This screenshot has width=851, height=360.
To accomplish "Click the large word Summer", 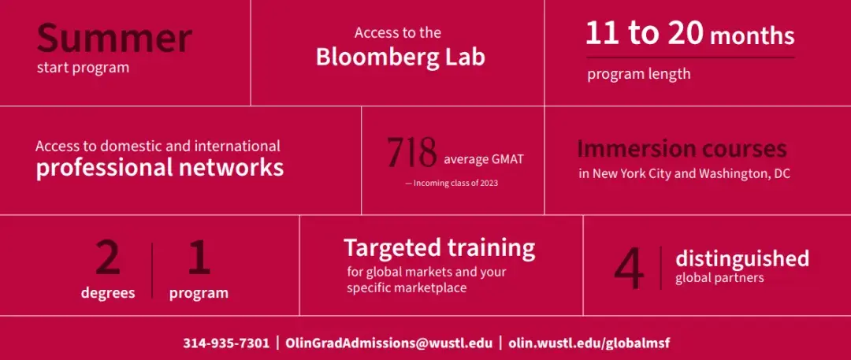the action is click(x=114, y=38).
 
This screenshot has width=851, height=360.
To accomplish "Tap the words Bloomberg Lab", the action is click(x=400, y=57).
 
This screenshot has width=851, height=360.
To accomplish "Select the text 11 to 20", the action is click(x=645, y=34).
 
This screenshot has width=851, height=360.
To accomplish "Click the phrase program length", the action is click(x=639, y=74).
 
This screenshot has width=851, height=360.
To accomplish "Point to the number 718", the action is click(x=412, y=153).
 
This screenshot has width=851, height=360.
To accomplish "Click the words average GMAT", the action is click(x=484, y=160).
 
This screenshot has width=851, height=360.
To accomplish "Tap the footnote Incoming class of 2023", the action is click(x=452, y=183).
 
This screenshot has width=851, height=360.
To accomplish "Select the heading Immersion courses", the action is click(x=682, y=148).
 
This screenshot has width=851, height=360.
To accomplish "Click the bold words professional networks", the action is click(x=160, y=168).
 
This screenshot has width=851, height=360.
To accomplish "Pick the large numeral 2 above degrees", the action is click(x=108, y=258).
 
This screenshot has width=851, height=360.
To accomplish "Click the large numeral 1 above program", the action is click(x=199, y=258).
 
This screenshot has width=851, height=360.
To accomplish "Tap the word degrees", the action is click(x=108, y=293).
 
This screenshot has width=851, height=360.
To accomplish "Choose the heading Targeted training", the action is click(x=440, y=248).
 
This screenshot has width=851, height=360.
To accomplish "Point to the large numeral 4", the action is click(x=630, y=270).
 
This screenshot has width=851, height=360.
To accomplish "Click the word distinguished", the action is click(x=742, y=258).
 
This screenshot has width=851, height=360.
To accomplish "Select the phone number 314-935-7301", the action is click(x=226, y=343).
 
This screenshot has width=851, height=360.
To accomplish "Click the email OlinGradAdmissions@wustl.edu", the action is click(x=389, y=343).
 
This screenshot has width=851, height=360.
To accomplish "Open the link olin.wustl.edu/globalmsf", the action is click(x=589, y=343).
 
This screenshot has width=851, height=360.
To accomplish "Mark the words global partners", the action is click(x=719, y=278).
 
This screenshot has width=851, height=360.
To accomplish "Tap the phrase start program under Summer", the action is click(x=83, y=69).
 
